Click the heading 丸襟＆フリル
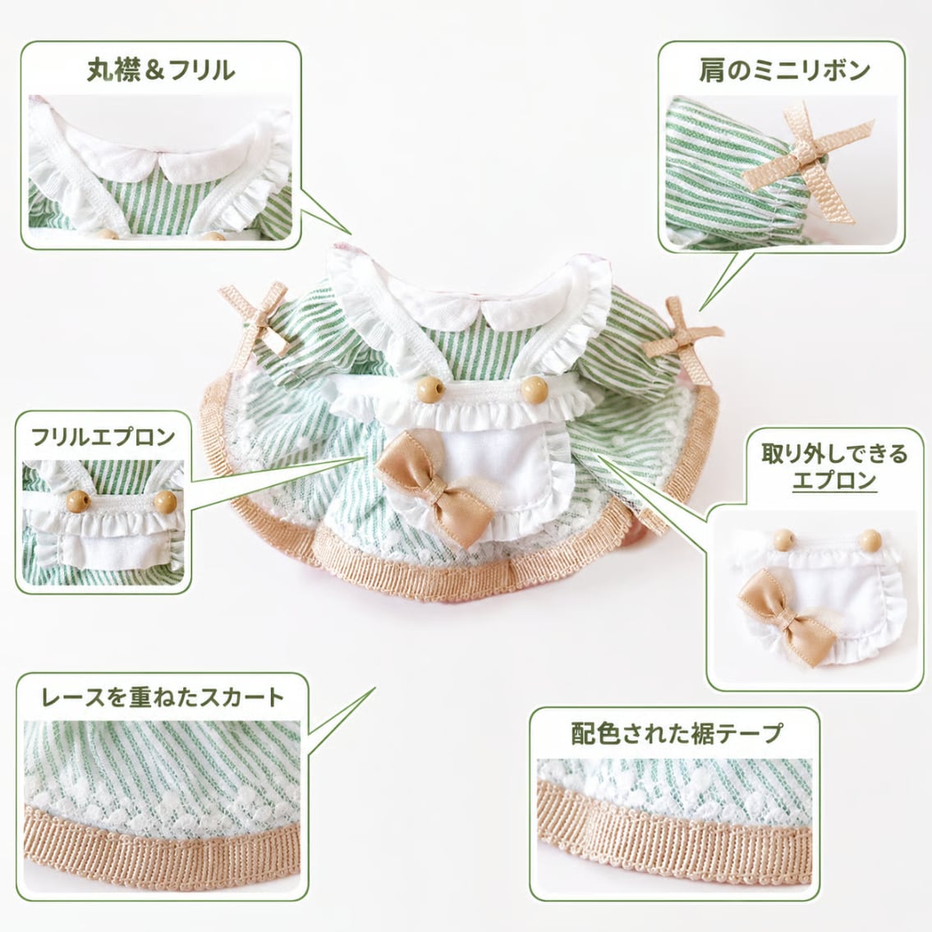pyautogui.click(x=160, y=70)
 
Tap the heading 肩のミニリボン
pyautogui.click(x=784, y=71)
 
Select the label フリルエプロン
pyautogui.click(x=103, y=437)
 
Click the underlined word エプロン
pyautogui.click(x=834, y=480)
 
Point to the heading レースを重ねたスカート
pyautogui.click(x=163, y=697)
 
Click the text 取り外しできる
pyautogui.click(x=834, y=453)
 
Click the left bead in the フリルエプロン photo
pyautogui.click(x=78, y=500)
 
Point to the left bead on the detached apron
pyautogui.click(x=784, y=539)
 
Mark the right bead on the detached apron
pyautogui.click(x=870, y=539)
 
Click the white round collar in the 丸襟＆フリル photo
pyautogui.click(x=160, y=158)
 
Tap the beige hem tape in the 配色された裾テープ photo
pyautogui.click(x=674, y=828)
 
